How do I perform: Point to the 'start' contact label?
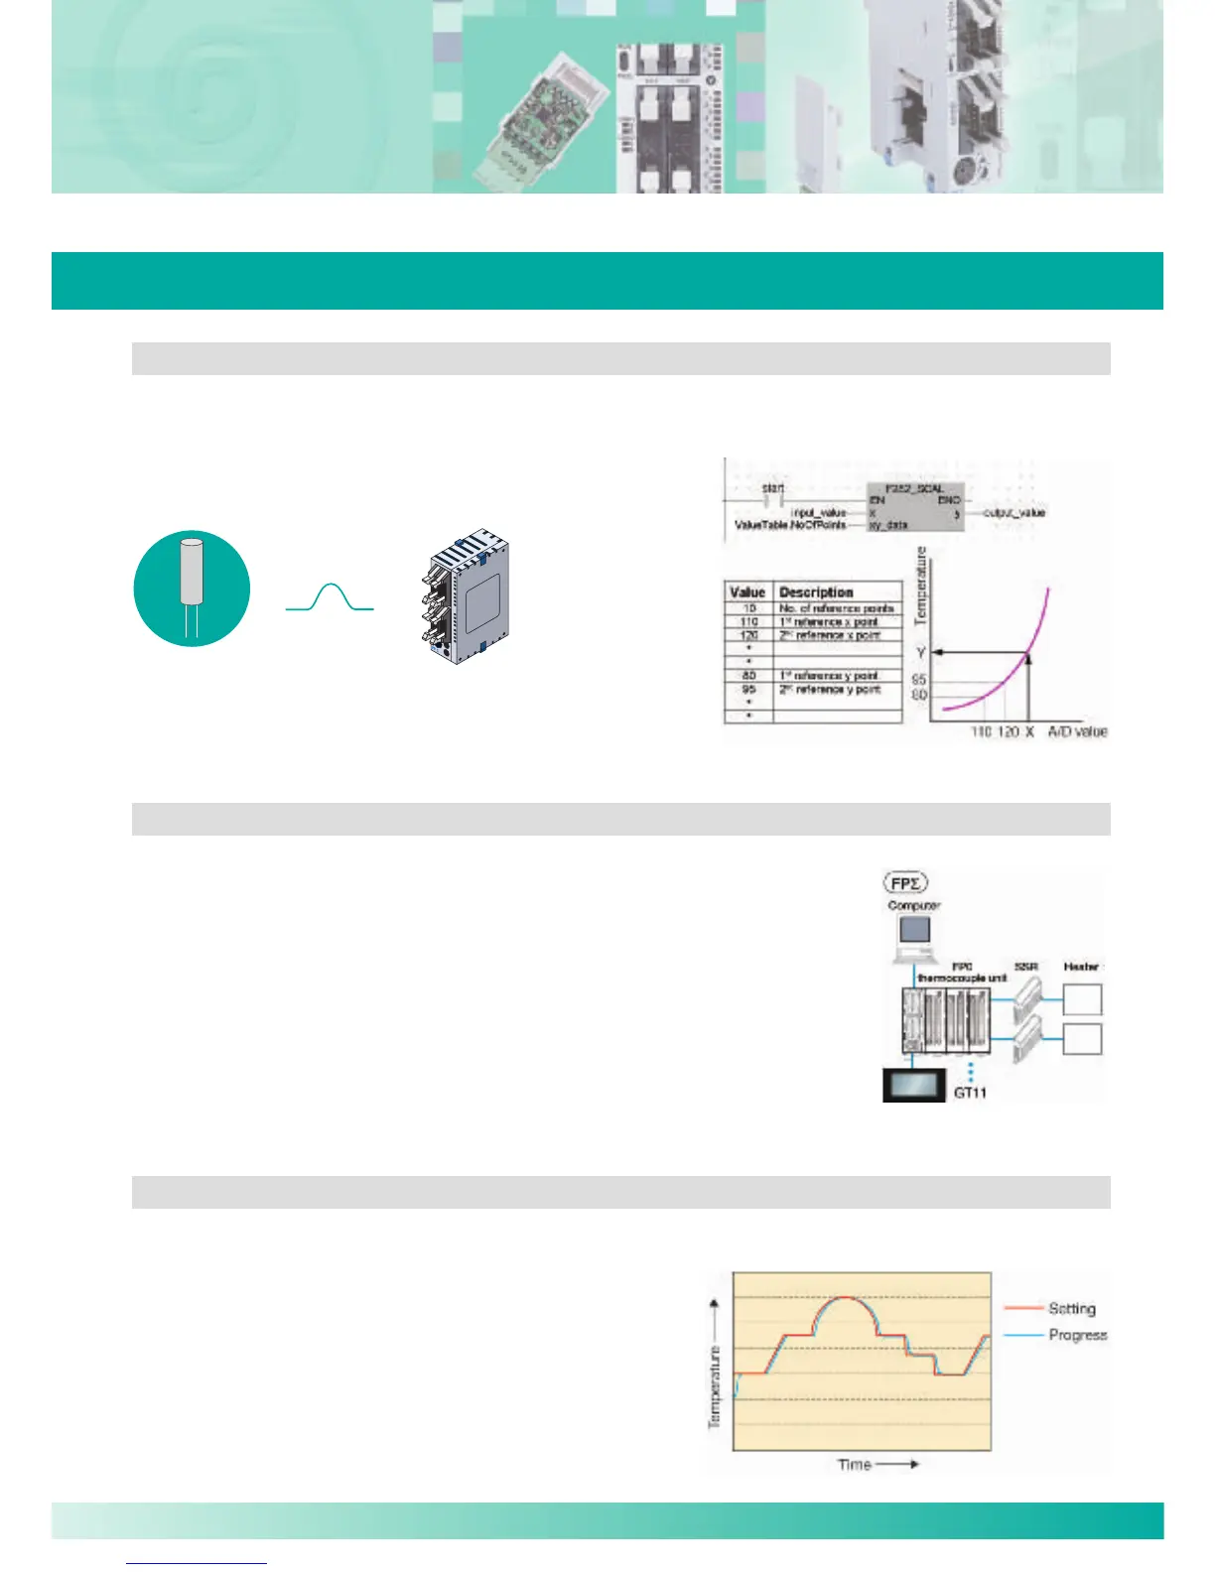pos(773,488)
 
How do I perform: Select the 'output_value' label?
pos(1013,513)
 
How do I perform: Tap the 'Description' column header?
pos(816,591)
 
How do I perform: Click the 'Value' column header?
pos(747,591)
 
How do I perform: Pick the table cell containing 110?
pos(748,621)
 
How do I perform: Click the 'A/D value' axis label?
pos(1077,731)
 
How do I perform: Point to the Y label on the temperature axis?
pos(921,652)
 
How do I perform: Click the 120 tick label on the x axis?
pos(1008,731)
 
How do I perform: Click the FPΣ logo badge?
pos(904,881)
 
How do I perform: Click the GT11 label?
pos(970,1093)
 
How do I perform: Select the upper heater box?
pos(1082,998)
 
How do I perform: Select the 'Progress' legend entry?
pos(1077,1335)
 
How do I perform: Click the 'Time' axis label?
pos(855,1464)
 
